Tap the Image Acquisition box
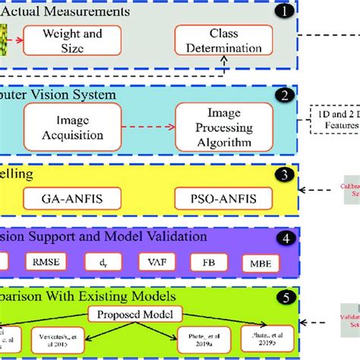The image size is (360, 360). (75, 127)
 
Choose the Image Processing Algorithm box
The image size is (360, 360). (213, 127)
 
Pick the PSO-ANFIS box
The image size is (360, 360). (215, 199)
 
